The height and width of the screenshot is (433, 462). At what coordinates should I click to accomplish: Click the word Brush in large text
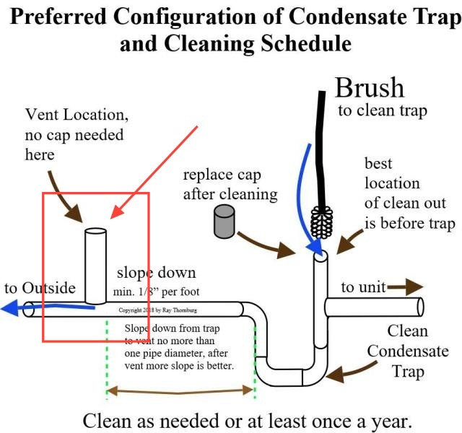(370, 87)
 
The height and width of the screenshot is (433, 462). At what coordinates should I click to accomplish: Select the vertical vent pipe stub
(95, 265)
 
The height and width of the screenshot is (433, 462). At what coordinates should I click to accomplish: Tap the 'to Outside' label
(40, 288)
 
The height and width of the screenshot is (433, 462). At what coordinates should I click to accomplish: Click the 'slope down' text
(156, 274)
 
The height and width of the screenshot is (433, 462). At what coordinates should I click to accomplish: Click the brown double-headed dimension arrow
(180, 393)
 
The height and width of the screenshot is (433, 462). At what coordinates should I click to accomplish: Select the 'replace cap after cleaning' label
(230, 184)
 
